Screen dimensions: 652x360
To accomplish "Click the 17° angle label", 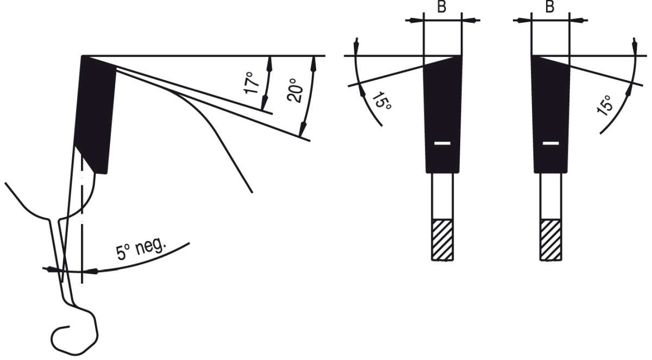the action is click(x=252, y=83).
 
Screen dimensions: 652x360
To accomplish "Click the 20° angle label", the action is click(x=295, y=90).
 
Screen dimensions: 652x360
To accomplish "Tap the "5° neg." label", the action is click(x=141, y=249).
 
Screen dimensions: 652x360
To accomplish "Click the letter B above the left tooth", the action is click(x=442, y=7).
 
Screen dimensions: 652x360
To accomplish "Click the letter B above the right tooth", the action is click(x=550, y=7).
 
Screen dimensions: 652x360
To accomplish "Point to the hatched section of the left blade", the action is click(x=442, y=239).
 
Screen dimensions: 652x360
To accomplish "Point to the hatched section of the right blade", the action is click(x=551, y=239).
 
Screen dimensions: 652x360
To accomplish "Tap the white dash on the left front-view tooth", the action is click(x=442, y=143).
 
